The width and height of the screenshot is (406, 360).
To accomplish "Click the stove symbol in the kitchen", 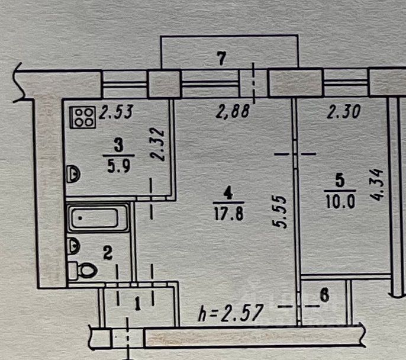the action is tap(83, 116).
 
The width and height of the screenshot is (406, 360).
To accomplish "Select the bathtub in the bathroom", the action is tap(98, 219).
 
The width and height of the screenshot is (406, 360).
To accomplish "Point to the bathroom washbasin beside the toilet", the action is tap(73, 244).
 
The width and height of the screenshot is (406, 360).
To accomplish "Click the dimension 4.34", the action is tap(379, 185).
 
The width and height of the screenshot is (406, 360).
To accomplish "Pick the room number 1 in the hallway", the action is tap(137, 305).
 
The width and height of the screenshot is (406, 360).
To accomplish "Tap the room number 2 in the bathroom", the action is tap(107, 254).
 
